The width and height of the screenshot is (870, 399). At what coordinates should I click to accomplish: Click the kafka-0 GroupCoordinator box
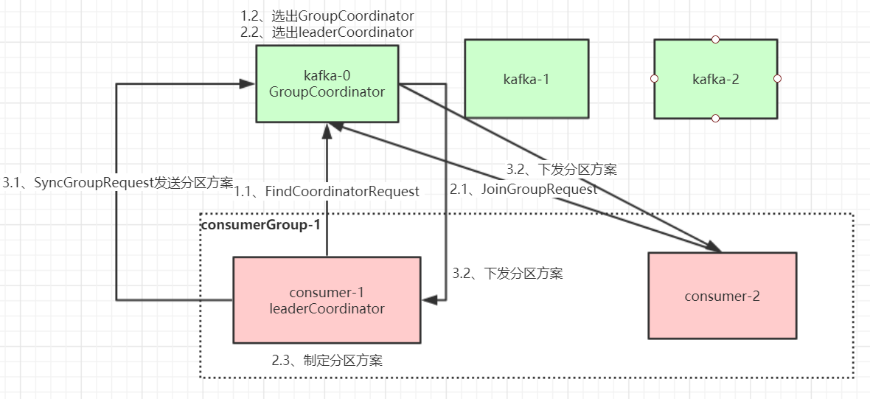tap(327, 83)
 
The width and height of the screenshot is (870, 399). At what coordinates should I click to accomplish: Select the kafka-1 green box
tap(526, 79)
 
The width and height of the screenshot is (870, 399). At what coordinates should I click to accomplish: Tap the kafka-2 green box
tap(715, 79)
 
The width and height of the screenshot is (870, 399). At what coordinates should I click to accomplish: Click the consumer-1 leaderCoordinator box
tap(327, 300)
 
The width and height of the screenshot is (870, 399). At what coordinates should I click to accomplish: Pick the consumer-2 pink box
tap(722, 296)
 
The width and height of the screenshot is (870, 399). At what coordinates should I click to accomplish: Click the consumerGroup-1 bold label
tap(260, 224)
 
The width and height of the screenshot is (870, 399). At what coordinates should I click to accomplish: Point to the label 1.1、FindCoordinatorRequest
tap(327, 191)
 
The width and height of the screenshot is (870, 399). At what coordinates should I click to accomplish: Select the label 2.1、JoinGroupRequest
tap(523, 189)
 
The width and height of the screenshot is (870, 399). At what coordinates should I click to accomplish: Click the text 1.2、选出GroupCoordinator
tap(327, 15)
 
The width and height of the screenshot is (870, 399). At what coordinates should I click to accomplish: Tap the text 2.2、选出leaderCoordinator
tap(327, 32)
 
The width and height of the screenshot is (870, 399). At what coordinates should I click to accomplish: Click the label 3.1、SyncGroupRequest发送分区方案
tap(118, 183)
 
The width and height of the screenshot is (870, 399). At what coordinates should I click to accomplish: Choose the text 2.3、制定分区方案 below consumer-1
tap(327, 361)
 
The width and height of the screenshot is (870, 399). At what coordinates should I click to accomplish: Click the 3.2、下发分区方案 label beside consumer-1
tap(507, 274)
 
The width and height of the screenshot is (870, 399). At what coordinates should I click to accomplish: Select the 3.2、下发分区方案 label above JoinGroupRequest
tap(561, 169)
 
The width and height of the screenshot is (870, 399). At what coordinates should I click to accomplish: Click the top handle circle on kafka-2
tap(715, 39)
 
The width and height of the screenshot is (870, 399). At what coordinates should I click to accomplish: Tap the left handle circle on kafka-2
tap(654, 78)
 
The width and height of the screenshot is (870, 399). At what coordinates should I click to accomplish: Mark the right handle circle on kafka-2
tap(777, 78)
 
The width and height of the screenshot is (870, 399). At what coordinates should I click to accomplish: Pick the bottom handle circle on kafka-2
tap(715, 118)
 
